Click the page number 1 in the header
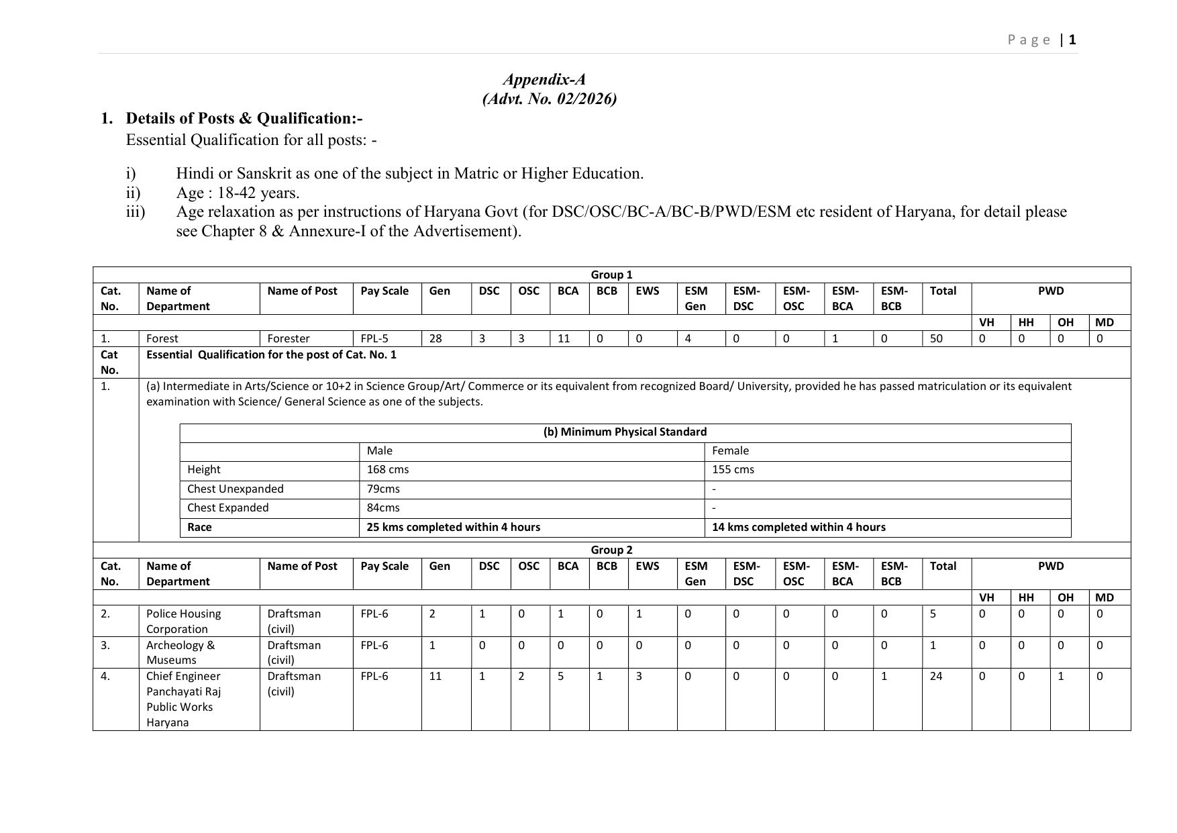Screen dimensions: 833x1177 point(1072,40)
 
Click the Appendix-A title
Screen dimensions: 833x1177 point(544,80)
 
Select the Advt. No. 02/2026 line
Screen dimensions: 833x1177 point(549,99)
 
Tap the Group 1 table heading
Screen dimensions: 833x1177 point(611,275)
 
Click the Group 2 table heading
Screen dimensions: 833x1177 point(611,550)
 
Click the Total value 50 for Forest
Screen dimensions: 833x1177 point(936,338)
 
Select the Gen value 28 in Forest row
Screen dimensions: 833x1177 point(436,338)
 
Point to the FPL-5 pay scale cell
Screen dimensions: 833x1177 point(374,338)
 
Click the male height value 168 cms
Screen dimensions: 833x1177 point(388,469)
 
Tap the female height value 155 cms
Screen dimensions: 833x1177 point(733,469)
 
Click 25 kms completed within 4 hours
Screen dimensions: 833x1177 point(453,527)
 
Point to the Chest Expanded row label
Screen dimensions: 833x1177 point(227,507)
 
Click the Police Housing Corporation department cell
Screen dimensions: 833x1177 point(183,621)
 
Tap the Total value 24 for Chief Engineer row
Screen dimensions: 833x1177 point(936,676)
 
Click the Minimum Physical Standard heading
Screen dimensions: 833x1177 point(625,432)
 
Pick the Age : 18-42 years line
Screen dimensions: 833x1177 point(238,193)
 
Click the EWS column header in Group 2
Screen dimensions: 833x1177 point(648,566)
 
